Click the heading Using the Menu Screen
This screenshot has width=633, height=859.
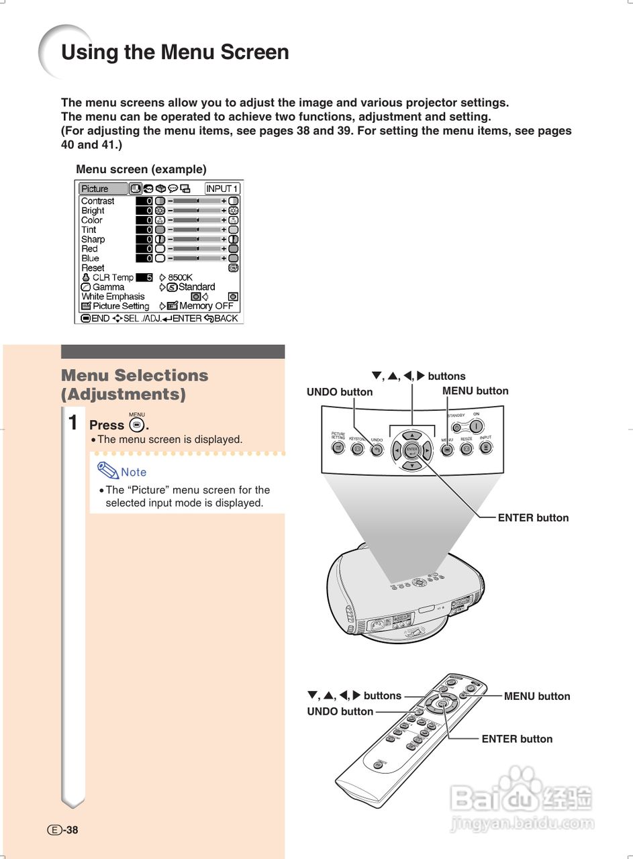(x=175, y=52)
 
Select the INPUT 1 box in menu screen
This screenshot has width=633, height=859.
(x=222, y=189)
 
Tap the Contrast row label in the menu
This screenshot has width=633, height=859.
(x=97, y=201)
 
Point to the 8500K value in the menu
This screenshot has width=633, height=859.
(x=180, y=277)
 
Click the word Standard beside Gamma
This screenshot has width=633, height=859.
(x=197, y=287)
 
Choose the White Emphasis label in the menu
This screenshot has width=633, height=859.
(x=113, y=296)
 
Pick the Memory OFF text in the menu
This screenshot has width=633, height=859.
(x=206, y=306)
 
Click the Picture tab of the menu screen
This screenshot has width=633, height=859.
(x=103, y=189)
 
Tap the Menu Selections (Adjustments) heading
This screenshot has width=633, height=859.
(x=134, y=385)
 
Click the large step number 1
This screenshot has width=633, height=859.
(x=73, y=423)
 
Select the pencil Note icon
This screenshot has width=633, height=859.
(x=107, y=471)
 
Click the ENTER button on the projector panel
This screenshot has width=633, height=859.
(x=412, y=449)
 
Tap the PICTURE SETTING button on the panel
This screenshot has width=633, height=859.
(x=338, y=447)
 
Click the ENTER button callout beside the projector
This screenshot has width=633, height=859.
(x=533, y=517)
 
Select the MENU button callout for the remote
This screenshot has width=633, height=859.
(x=536, y=697)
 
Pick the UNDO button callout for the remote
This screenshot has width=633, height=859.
(x=340, y=711)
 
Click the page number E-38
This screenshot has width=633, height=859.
(x=62, y=829)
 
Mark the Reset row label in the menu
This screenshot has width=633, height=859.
(x=93, y=268)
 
